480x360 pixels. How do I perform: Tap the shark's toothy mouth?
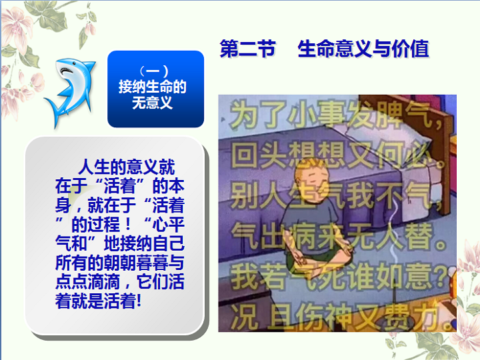coord(67,71)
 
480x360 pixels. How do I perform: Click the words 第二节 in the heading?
coord(247,49)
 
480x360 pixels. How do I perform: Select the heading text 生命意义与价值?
coord(363,49)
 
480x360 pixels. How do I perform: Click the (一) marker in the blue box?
coord(153,71)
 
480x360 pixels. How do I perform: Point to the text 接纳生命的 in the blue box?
coord(153,87)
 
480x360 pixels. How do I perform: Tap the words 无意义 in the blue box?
coord(153,103)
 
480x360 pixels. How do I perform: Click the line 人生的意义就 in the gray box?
coord(127,167)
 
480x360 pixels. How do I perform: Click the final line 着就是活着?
coord(98,301)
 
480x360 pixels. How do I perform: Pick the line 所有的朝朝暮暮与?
coord(120,263)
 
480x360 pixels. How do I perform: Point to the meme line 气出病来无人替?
coord(338,236)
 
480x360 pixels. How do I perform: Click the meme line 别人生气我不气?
coord(336,195)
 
